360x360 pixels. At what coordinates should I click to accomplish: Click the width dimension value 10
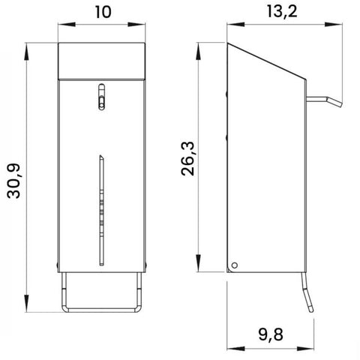coord(102,13)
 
